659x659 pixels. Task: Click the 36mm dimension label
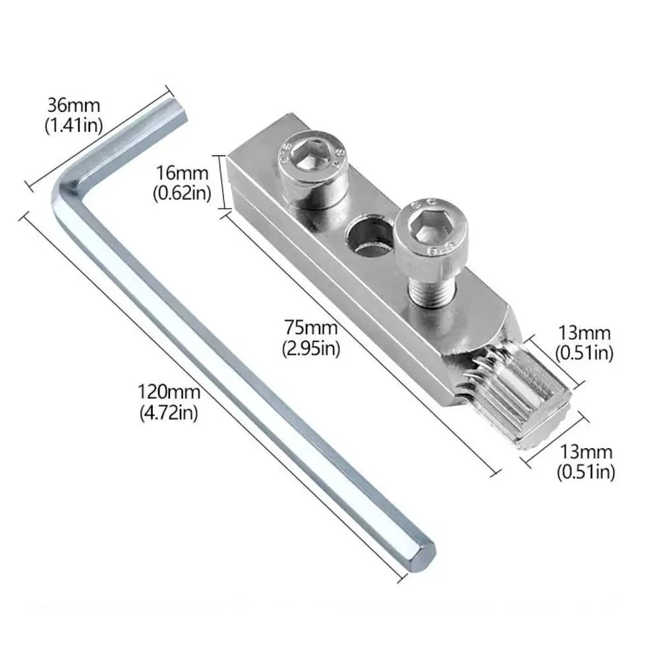(x=72, y=105)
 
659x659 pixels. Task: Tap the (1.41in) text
(x=72, y=125)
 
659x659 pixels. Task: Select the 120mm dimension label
(x=168, y=393)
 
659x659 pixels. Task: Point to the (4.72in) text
(x=168, y=413)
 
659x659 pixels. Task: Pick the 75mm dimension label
(x=311, y=328)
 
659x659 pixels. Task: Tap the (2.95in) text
(x=311, y=347)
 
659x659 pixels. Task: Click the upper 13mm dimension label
(x=585, y=333)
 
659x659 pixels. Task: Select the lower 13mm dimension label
(x=586, y=452)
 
